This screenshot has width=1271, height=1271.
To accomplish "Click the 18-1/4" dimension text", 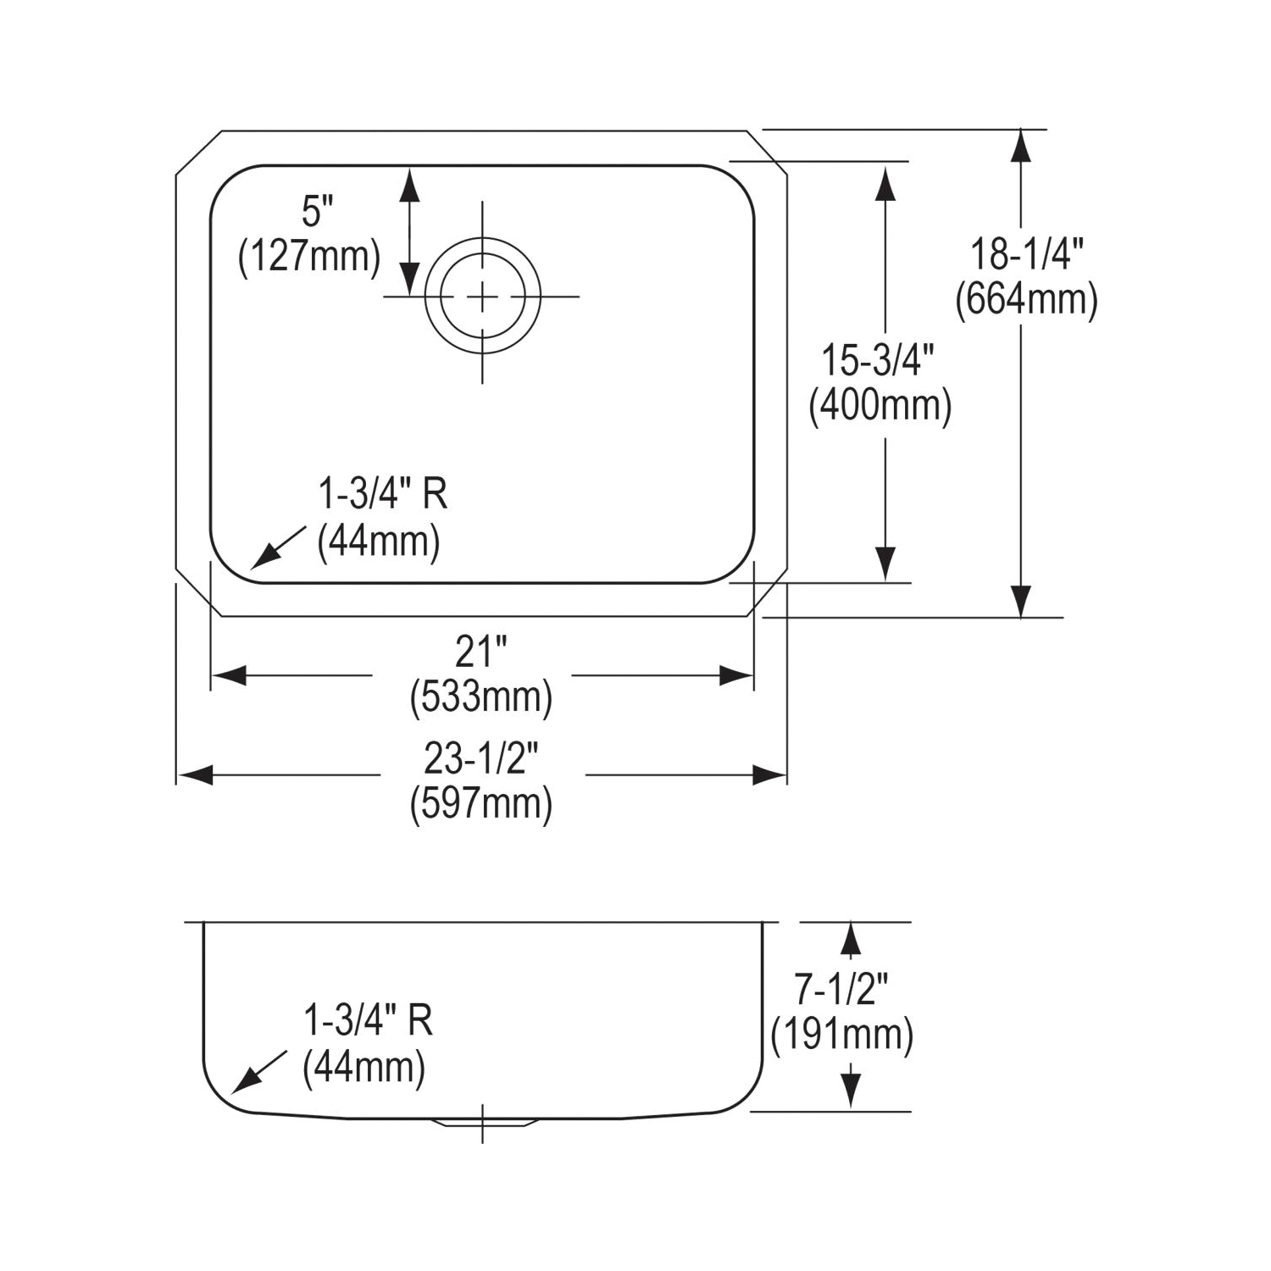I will click(1026, 254).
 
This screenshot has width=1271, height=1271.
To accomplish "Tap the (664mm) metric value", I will click(1026, 300).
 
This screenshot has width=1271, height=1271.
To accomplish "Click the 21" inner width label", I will click(480, 652).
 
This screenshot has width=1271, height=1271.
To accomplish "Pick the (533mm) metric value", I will click(480, 697).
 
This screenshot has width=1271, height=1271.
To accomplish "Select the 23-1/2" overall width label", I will click(480, 758).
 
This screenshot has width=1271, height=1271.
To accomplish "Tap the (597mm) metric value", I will click(480, 803).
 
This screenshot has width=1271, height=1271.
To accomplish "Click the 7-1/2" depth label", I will click(841, 989).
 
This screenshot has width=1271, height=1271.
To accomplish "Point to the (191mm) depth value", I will click(842, 1035).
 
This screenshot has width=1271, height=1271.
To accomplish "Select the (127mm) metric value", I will click(309, 256).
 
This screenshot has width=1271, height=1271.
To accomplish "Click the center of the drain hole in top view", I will click(482, 297).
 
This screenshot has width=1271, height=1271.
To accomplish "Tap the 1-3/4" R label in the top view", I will click(382, 494).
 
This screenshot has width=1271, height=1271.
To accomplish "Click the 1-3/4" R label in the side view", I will click(368, 1021).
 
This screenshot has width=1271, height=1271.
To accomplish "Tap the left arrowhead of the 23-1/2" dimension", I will click(196, 774).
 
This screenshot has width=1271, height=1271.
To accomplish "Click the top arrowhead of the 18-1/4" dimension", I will click(1021, 147).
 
